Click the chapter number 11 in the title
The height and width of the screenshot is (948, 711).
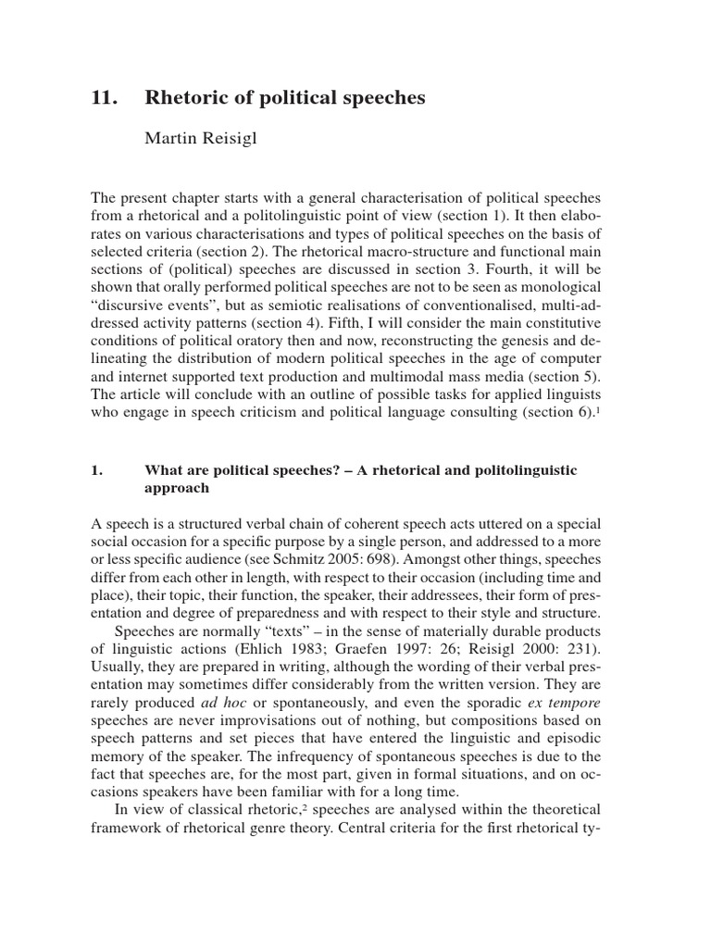pyautogui.click(x=102, y=98)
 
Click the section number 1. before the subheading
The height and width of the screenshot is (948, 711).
pyautogui.click(x=95, y=470)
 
